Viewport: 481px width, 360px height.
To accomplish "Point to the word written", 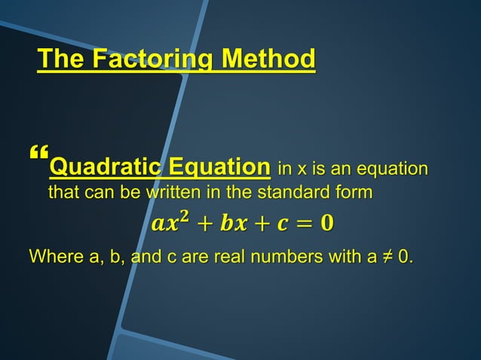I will coord(176,193).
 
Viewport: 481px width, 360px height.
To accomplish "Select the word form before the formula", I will coord(354,193).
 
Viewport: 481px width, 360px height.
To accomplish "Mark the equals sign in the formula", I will coord(301,224).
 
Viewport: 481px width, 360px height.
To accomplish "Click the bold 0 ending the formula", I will coord(326,224).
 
